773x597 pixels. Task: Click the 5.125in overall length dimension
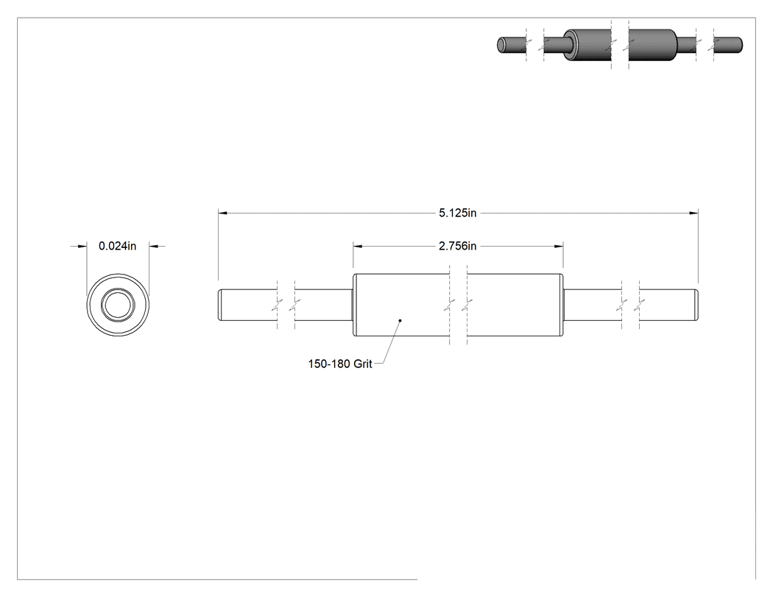click(457, 213)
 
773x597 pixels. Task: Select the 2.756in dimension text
click(457, 246)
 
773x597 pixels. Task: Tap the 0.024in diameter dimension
click(117, 246)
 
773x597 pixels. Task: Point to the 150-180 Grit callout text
click(340, 364)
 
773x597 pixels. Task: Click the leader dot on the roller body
click(400, 320)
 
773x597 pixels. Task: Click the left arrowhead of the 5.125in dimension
click(223, 213)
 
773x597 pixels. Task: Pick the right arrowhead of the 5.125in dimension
click(693, 213)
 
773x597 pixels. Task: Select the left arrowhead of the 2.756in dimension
click(358, 246)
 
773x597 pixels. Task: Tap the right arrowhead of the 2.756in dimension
click(559, 246)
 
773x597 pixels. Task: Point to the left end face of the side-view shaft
click(219, 305)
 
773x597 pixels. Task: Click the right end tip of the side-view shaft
click(696, 305)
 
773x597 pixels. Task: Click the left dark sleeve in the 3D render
click(587, 46)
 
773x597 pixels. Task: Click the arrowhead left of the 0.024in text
click(82, 246)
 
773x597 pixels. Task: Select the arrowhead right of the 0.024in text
click(153, 246)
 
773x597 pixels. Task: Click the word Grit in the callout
click(363, 364)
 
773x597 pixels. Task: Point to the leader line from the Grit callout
click(389, 342)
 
